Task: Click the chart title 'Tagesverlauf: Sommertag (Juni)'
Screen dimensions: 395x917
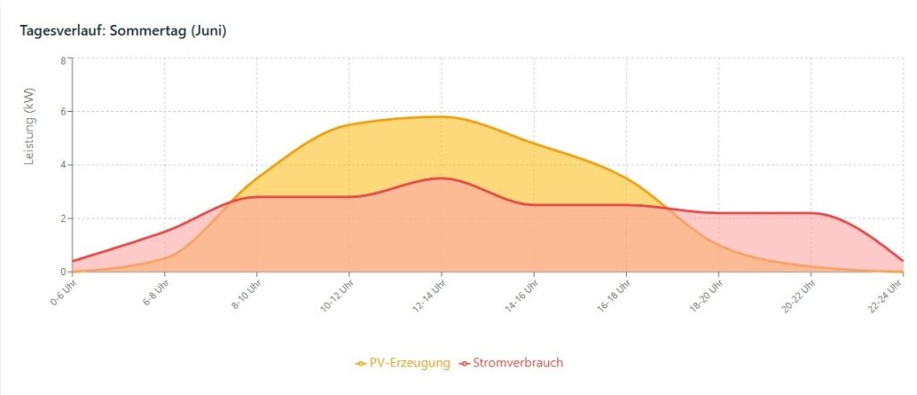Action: [123, 30]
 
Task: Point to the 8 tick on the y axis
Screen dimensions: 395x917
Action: [63, 60]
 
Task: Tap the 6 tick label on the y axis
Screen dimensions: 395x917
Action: [63, 112]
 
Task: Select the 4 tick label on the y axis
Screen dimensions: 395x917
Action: [63, 165]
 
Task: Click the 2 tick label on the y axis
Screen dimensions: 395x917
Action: [63, 219]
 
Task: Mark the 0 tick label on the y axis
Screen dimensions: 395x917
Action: [63, 271]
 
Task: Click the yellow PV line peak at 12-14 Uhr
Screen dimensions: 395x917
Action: [441, 116]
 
